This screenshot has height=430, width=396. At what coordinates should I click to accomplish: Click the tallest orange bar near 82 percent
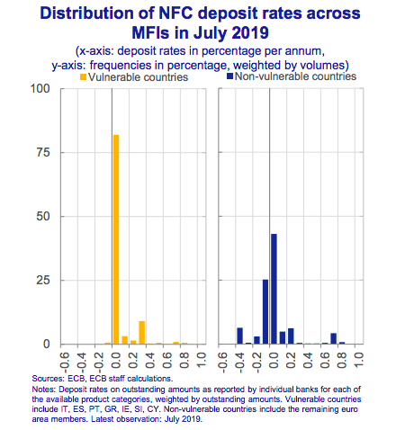tap(116, 239)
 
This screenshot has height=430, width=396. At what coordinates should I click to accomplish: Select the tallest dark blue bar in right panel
tap(274, 289)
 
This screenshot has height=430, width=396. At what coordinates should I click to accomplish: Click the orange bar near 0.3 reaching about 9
tap(141, 333)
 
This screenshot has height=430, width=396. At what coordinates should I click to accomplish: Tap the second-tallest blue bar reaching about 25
tap(265, 311)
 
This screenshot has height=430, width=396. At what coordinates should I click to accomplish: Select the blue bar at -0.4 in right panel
tap(239, 336)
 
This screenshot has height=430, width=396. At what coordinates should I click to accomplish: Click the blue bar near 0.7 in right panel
tap(333, 338)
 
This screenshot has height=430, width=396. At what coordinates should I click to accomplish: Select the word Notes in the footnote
tap(44, 390)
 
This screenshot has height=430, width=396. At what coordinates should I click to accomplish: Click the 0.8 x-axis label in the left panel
tap(183, 361)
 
